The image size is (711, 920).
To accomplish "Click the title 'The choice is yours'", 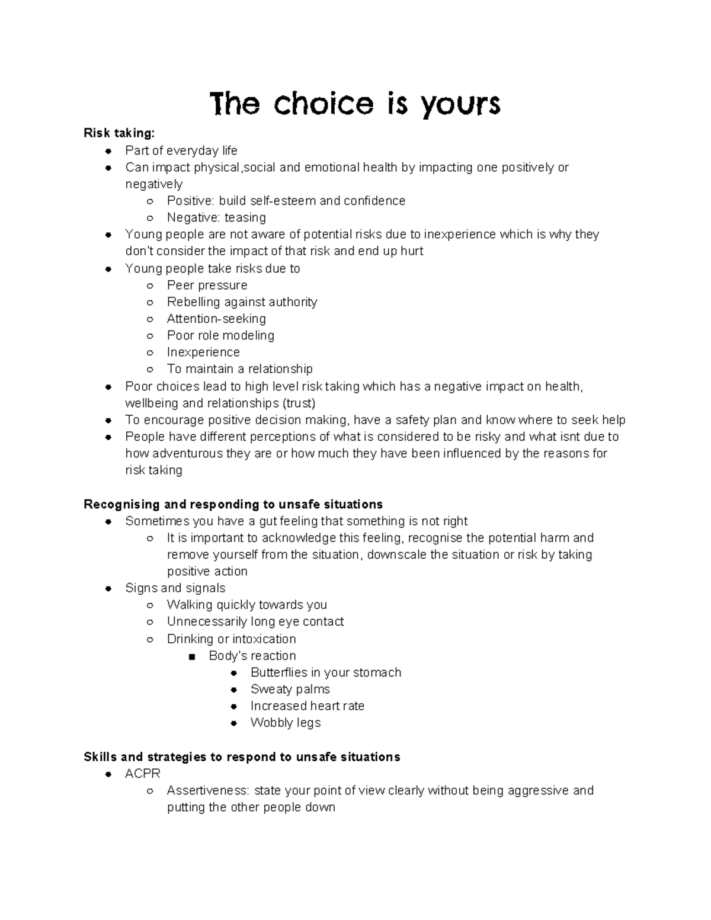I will pos(355,104).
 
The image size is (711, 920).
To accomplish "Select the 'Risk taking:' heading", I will pos(118,133).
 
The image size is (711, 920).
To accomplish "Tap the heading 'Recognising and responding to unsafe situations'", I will pos(233,504).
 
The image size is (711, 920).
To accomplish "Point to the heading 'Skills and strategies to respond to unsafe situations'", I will pos(242,756).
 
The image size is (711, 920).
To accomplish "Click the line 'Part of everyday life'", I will pos(181,150).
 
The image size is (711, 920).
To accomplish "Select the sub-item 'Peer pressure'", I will pos(207,285).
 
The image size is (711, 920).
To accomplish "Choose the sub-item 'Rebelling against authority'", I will pos(242,302).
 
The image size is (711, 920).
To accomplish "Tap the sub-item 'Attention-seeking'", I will pos(216,318).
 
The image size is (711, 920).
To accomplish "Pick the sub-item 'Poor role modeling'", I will pos(220,335).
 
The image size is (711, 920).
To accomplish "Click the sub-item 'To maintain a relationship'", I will pos(239,368).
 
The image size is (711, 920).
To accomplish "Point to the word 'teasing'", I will pos(245,217).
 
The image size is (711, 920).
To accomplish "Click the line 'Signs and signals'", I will pos(175,588).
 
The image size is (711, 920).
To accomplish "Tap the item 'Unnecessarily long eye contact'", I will pos(255,621).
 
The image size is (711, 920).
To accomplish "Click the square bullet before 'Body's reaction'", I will pos(191,656).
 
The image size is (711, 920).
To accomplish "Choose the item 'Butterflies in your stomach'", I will pos(325,672).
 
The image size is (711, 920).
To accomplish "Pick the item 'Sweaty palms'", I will pos(290,689).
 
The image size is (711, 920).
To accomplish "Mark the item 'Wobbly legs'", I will pos(285,723).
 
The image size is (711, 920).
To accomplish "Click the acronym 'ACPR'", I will pos(143,774).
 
